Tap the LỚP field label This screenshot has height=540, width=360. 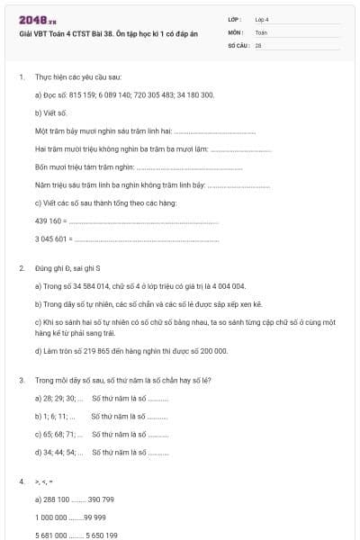pyautogui.click(x=235, y=19)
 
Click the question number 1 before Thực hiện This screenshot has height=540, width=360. pyautogui.click(x=21, y=77)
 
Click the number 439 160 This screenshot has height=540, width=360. pyautogui.click(x=49, y=220)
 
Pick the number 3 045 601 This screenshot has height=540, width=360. pyautogui.click(x=51, y=238)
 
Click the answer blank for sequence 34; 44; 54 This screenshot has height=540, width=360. pyautogui.click(x=157, y=453)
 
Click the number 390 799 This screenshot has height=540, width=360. pyautogui.click(x=106, y=499)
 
